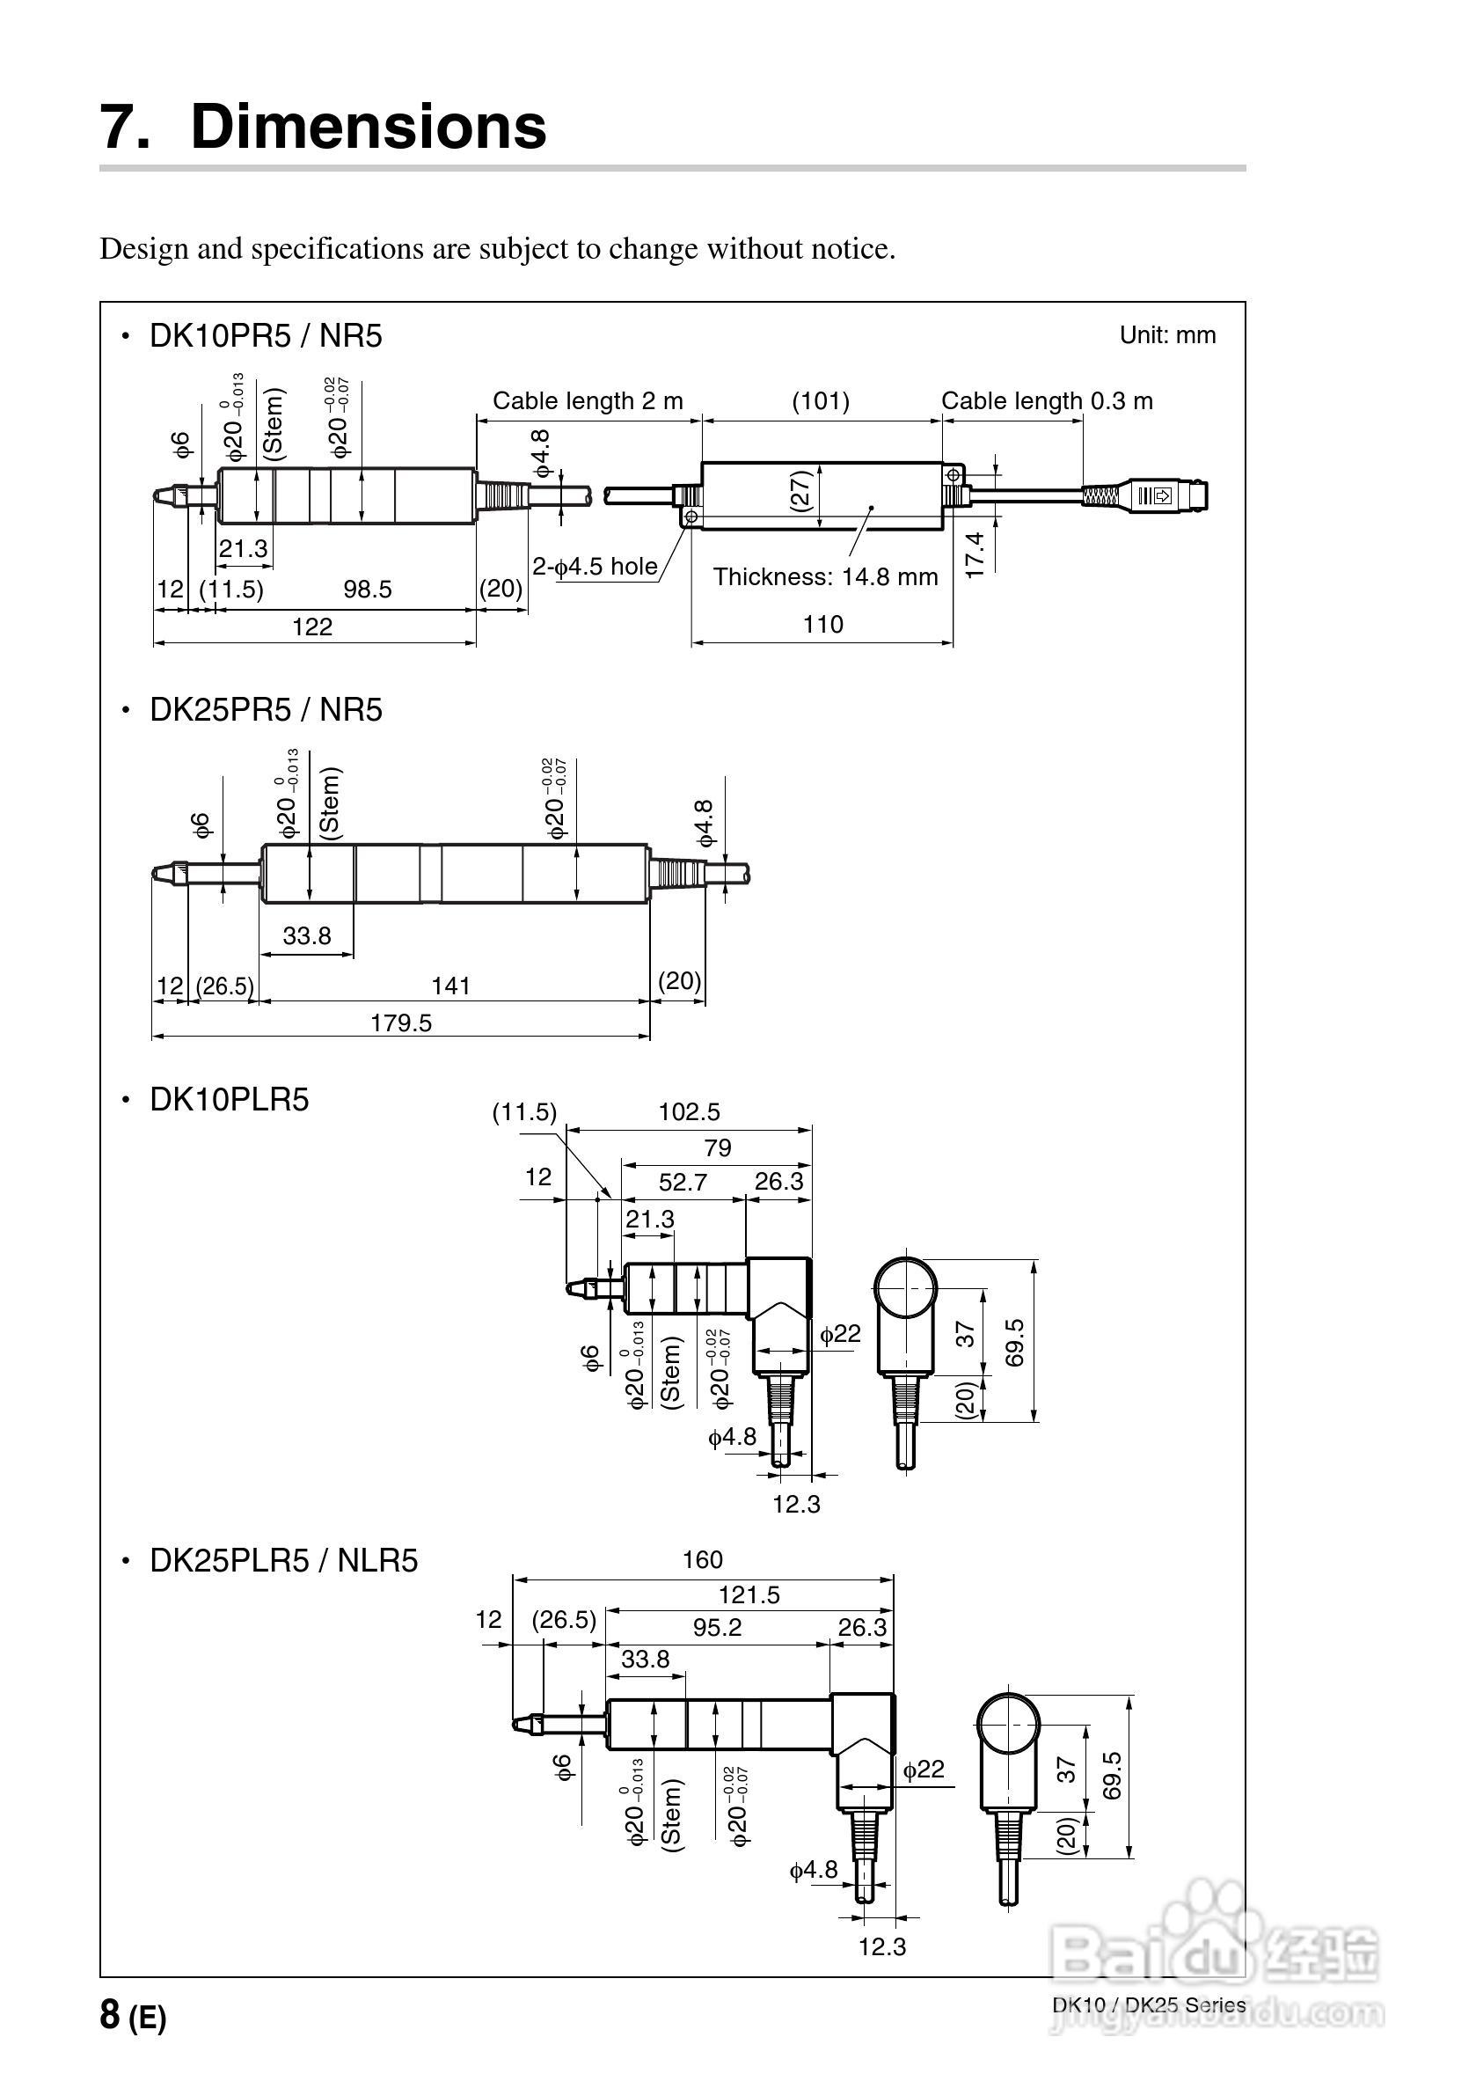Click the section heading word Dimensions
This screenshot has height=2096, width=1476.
368,126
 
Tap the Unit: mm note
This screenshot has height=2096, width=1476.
1167,335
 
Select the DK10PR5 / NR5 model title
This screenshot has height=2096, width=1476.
266,336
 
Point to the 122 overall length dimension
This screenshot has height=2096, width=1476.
312,627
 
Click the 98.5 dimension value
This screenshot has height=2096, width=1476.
367,589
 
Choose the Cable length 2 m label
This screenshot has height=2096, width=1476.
588,400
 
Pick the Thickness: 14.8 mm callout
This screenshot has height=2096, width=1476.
825,577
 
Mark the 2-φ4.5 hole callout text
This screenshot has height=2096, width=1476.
596,566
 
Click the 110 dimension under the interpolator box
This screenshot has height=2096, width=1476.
822,625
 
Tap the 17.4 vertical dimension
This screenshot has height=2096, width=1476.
975,554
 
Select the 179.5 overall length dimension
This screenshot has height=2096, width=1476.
401,1022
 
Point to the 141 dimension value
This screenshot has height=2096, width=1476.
451,986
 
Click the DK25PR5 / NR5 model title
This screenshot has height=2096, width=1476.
266,710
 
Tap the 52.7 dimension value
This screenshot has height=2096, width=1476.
683,1183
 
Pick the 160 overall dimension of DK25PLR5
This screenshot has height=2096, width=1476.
702,1560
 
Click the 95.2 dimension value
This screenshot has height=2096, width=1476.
717,1628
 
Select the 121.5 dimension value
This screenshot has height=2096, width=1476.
749,1594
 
